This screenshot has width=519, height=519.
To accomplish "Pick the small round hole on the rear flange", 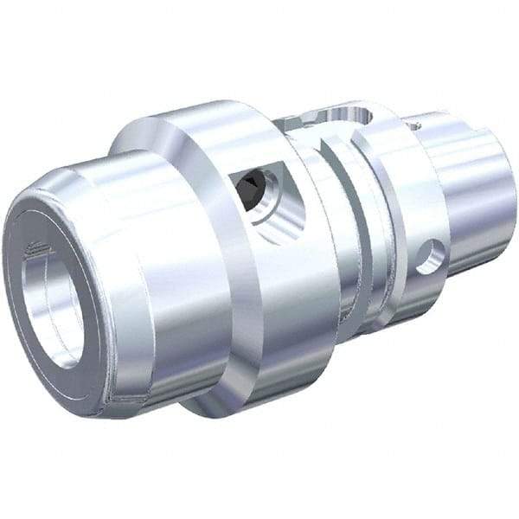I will pyautogui.click(x=429, y=257).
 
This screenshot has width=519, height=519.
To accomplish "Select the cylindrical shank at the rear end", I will pyautogui.click(x=471, y=190).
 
